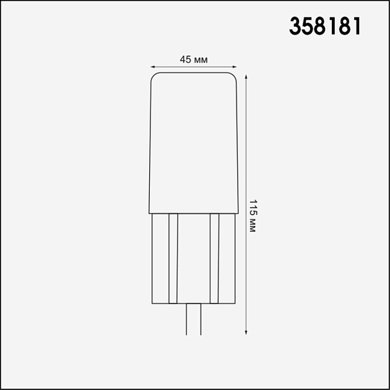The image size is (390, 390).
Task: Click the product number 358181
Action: (325, 26)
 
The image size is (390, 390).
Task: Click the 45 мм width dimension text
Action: (193, 59)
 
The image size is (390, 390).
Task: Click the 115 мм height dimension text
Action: (253, 215)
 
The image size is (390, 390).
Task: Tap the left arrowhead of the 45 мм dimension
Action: (154, 66)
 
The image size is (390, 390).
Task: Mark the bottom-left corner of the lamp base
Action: (152, 303)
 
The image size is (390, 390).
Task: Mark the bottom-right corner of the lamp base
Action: (235, 303)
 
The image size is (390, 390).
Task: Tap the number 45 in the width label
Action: (185, 59)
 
